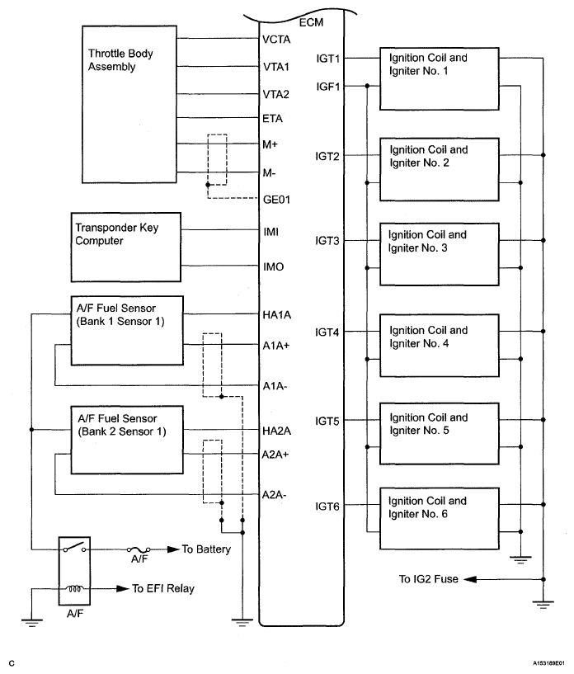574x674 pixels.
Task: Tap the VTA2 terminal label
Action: coord(275,94)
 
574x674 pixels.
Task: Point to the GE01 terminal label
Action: coord(276,200)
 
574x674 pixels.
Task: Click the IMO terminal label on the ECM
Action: coord(273,267)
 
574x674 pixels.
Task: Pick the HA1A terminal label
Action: coord(276,315)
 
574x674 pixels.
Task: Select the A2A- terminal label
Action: coord(274,495)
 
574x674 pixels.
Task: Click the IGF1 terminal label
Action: coord(327,87)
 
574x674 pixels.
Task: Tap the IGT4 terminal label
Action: coord(327,332)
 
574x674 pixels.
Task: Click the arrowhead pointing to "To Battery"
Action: coord(173,549)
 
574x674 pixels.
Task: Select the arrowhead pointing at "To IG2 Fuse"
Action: coord(470,579)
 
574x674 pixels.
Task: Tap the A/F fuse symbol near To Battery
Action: coord(139,549)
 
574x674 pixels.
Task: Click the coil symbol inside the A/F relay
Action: coord(74,588)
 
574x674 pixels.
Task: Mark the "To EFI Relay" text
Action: coord(163,588)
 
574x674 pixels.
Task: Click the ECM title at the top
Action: coord(311,22)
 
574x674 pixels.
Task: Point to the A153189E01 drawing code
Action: coord(549,663)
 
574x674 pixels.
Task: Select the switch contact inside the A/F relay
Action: coord(74,548)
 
